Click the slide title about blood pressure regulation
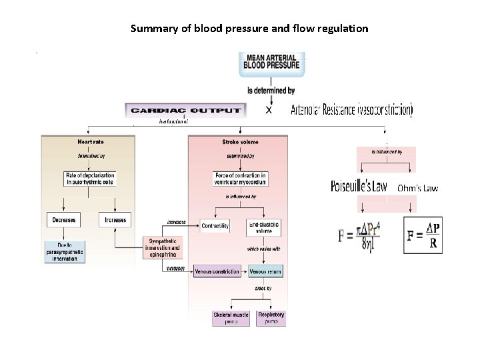click(x=249, y=29)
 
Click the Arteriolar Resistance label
click(x=351, y=110)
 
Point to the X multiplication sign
click(x=269, y=110)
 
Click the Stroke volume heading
click(x=240, y=142)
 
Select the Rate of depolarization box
click(x=90, y=179)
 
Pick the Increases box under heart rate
click(x=115, y=219)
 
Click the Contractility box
click(x=215, y=226)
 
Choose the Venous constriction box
click(x=217, y=272)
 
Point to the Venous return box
click(x=265, y=272)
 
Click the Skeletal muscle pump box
click(x=231, y=318)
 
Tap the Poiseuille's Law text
click(x=359, y=186)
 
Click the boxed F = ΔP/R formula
click(x=423, y=235)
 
